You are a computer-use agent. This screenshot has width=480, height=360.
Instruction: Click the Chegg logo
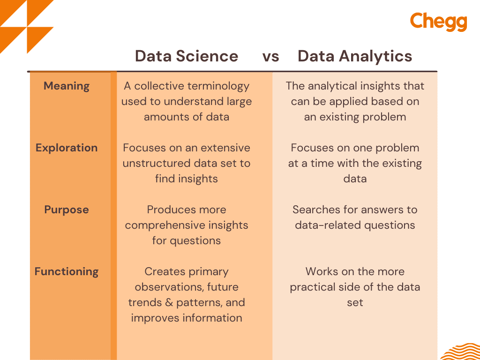pyautogui.click(x=438, y=22)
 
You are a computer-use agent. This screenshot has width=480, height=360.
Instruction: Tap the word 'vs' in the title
pyautogui.click(x=270, y=57)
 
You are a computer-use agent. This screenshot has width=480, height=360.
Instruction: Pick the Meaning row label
pyautogui.click(x=67, y=86)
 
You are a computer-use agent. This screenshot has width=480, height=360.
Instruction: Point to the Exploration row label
pyautogui.click(x=67, y=148)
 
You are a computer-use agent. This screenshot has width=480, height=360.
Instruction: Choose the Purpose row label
pyautogui.click(x=67, y=210)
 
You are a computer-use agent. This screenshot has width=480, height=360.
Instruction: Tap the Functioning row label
pyautogui.click(x=67, y=272)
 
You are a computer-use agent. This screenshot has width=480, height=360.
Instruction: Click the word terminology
pyautogui.click(x=218, y=87)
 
